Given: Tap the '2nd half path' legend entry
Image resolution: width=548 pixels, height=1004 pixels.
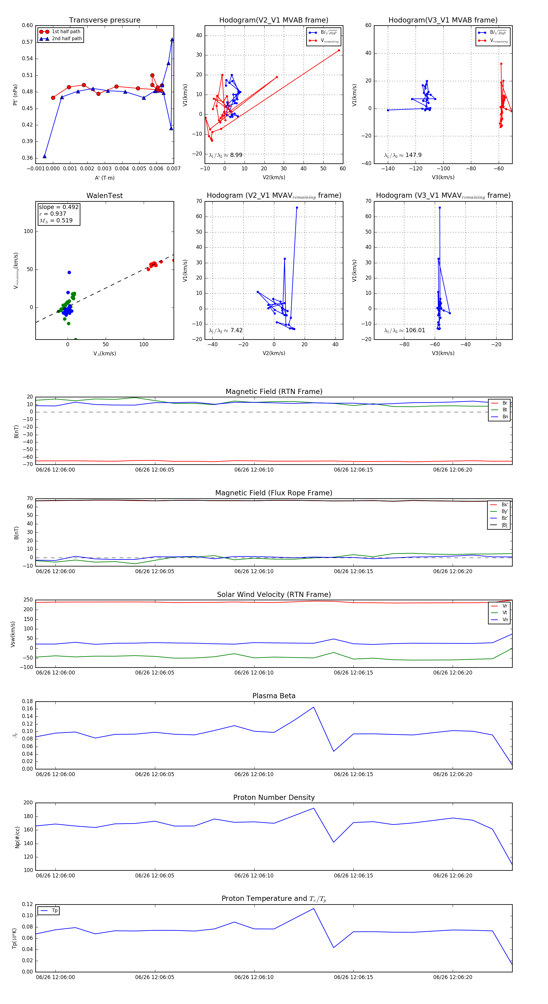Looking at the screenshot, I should click(x=67, y=39).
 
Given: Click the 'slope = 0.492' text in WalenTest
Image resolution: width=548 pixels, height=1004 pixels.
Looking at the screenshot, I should click(x=58, y=207).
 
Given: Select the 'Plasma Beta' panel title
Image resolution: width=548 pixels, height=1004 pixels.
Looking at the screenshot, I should click(x=274, y=696).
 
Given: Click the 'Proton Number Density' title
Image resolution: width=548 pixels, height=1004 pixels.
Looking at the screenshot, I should click(x=274, y=797).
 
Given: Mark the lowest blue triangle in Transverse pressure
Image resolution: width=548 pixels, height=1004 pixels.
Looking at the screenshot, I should click(x=44, y=157).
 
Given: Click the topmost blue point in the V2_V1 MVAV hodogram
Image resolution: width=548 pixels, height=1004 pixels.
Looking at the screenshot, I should click(x=297, y=208).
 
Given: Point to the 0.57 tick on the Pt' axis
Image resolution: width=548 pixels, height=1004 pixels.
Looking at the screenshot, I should click(x=27, y=42).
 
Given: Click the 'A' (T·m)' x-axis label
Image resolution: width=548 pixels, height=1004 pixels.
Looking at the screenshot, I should click(x=104, y=178).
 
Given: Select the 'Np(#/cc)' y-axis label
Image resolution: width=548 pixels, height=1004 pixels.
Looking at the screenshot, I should click(x=17, y=837).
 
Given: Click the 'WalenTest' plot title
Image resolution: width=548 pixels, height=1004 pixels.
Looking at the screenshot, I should click(x=104, y=196).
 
